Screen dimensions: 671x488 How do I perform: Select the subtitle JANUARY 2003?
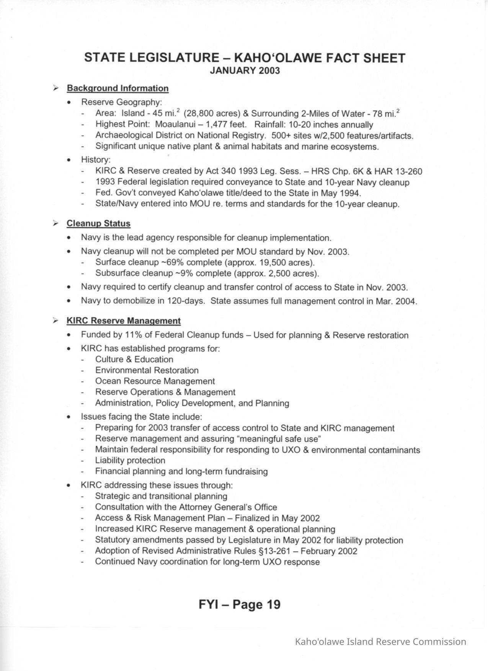point(245,71)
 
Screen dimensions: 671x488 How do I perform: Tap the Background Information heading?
point(118,88)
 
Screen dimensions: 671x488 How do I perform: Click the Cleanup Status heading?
point(98,223)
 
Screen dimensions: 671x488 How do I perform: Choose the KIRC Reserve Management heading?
point(124,321)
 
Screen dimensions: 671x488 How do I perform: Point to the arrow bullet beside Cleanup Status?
point(56,223)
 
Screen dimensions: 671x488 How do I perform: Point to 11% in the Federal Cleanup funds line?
point(134,335)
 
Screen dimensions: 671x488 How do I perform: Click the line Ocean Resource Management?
point(155,381)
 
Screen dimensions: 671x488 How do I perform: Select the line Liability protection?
point(130,461)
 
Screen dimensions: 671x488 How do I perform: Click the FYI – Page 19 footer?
point(240,604)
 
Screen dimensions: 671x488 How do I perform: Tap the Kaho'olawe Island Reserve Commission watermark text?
point(380,642)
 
